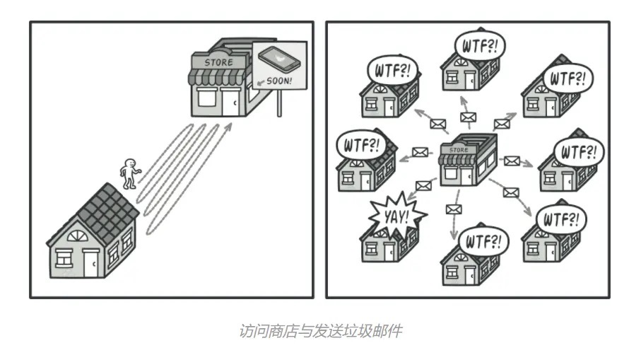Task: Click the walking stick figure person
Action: (x=129, y=173)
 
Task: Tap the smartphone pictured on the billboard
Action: (x=279, y=60)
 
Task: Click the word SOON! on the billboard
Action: (x=279, y=81)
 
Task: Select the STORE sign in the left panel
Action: (x=218, y=62)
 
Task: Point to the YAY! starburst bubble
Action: (x=396, y=216)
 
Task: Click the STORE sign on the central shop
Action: (x=459, y=150)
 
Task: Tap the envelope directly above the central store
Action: (x=468, y=117)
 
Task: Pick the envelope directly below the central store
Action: (x=454, y=209)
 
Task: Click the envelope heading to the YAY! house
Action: (x=423, y=185)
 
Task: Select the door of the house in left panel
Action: (x=91, y=263)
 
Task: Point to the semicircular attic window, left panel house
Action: (x=78, y=236)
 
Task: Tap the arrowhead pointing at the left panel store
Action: (x=228, y=127)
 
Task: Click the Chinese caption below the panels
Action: (x=321, y=331)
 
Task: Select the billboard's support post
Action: (x=279, y=103)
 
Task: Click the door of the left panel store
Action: (x=230, y=103)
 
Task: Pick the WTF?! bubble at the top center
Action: (x=480, y=45)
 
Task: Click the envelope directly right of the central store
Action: (x=512, y=161)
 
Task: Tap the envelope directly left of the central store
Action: (x=420, y=152)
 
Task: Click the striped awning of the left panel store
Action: (x=217, y=76)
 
